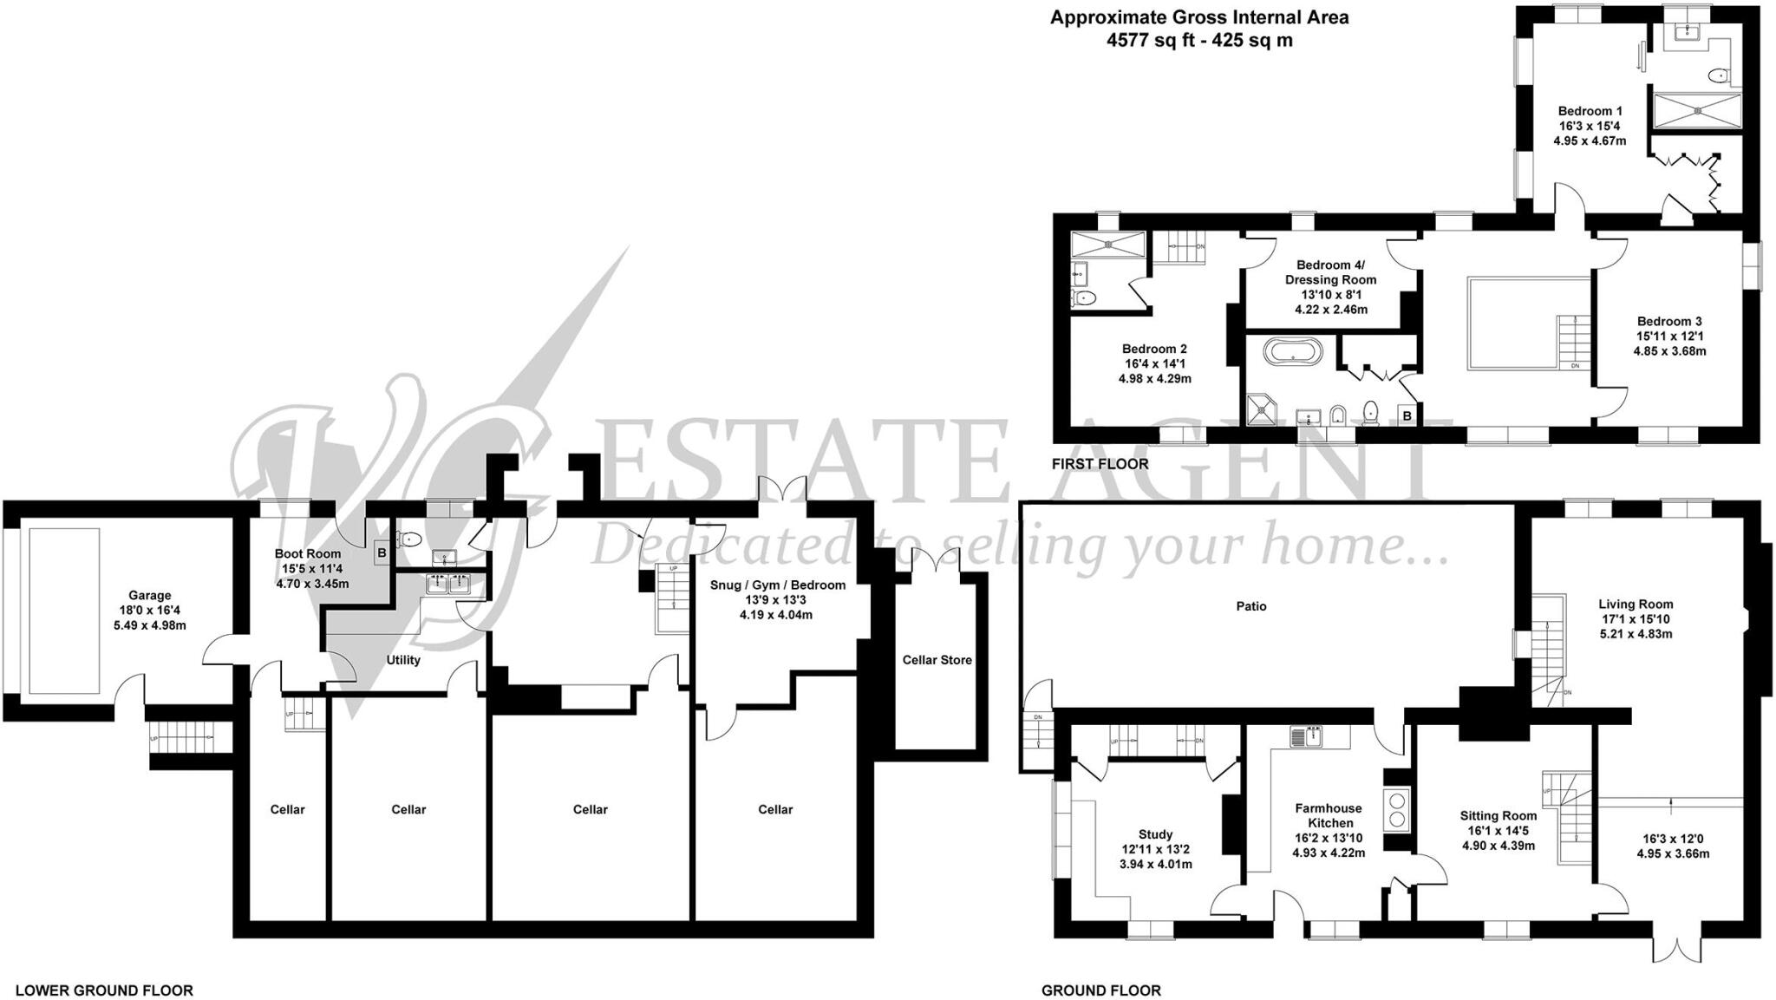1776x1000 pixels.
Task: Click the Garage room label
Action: (x=149, y=596)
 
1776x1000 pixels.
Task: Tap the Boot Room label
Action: (x=308, y=554)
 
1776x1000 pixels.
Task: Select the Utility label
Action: (x=403, y=660)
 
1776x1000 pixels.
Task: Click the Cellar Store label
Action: (x=937, y=660)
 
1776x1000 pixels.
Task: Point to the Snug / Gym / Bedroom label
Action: (x=777, y=585)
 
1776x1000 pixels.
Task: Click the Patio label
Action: (x=1250, y=606)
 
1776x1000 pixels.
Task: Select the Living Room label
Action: (x=1636, y=605)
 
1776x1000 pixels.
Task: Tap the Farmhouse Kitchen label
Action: (x=1329, y=815)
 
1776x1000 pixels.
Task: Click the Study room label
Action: (x=1156, y=834)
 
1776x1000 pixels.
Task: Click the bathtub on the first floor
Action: (x=1293, y=352)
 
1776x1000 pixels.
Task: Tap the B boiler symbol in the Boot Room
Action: (x=382, y=552)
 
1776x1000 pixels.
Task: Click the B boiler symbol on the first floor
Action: (x=1407, y=416)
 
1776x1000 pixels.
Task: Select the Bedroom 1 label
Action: (x=1590, y=111)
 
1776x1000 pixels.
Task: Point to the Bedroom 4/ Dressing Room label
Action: (x=1330, y=272)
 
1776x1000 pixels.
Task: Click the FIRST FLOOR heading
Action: (x=1100, y=464)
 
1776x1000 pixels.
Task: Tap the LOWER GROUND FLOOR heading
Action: (x=104, y=990)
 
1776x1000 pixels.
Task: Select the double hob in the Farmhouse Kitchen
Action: (x=1396, y=809)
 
